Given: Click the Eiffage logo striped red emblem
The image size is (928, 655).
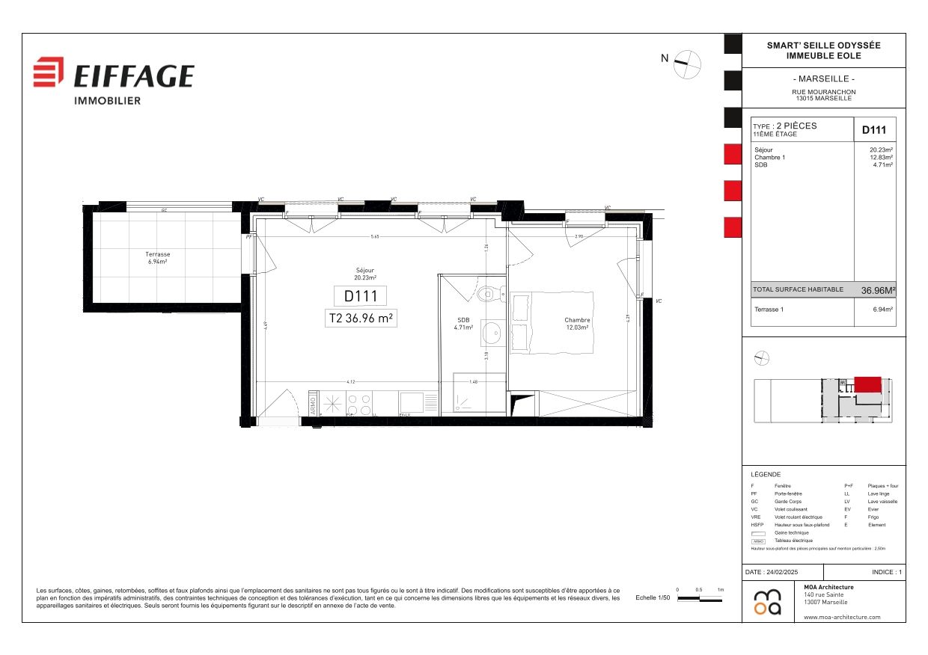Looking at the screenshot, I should [49, 72].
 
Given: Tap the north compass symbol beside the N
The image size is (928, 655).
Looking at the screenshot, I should [687, 64].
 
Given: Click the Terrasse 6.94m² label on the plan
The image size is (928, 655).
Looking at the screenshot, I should [157, 258].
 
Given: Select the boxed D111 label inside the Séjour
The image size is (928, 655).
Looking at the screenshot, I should [360, 296].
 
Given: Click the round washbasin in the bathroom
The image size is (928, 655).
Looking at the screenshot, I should [492, 332].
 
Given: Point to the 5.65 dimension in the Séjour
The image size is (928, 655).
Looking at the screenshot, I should [375, 237].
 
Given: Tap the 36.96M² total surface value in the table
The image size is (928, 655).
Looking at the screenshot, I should [878, 290].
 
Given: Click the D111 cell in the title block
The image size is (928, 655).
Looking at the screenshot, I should [874, 130].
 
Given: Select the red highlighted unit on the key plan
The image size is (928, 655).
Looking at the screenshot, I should [867, 384].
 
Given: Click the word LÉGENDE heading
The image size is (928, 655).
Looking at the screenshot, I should [766, 475].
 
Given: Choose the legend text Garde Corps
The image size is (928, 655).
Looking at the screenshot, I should [788, 502].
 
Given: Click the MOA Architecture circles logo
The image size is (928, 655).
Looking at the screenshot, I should [767, 602].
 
